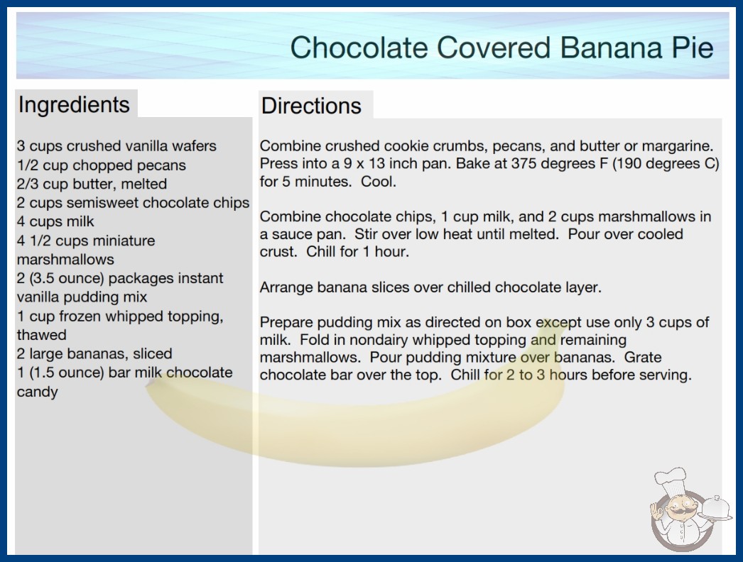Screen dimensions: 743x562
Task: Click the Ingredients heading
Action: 74,104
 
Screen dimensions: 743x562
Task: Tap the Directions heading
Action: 311,106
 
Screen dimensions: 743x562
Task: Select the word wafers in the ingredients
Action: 194,146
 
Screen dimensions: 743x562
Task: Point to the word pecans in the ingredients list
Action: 161,165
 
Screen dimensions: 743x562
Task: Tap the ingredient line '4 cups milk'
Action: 55,221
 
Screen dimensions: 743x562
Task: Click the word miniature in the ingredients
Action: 128,241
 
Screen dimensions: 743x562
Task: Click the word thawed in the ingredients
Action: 42,335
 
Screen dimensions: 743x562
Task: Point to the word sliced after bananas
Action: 153,353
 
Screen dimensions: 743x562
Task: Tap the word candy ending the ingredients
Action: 38,392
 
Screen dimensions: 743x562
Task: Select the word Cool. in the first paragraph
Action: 378,182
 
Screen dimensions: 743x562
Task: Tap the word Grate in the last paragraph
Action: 643,357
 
